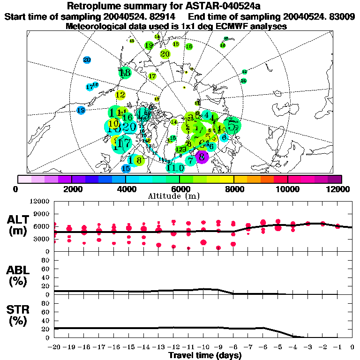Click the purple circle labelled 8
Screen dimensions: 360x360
[x=202, y=157]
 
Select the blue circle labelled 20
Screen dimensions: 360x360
[x=87, y=60]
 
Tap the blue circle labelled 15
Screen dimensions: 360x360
[x=126, y=168]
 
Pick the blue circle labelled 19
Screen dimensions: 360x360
[x=81, y=110]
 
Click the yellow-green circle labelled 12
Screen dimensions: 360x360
[x=120, y=95]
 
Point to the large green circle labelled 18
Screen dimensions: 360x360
[x=125, y=73]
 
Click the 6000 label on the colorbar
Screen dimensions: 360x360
[x=180, y=189]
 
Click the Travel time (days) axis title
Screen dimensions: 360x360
[x=205, y=355]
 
